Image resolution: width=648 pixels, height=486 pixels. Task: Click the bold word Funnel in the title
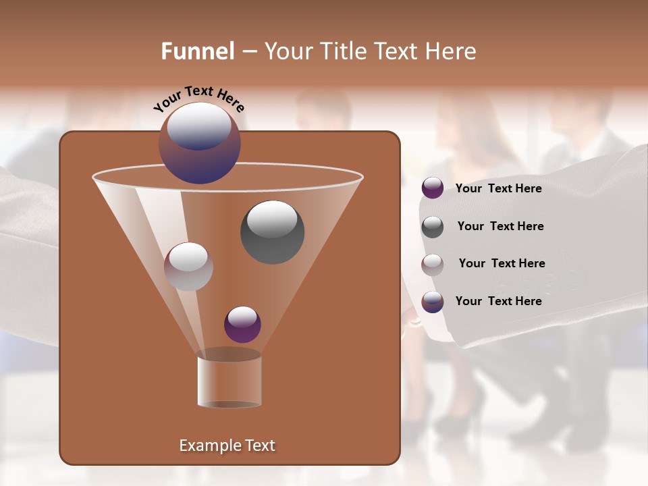198,51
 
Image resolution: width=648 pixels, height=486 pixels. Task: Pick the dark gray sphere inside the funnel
272,232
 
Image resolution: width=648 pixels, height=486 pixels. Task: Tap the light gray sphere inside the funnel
188,267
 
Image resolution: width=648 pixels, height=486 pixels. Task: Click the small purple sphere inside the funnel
242,324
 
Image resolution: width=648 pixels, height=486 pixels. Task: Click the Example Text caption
227,446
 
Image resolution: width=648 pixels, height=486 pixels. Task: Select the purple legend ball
433,188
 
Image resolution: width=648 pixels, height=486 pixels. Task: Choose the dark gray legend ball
433,227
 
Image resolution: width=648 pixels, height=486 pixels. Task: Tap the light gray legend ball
433,265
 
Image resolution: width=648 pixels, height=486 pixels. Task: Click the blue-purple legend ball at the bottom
433,302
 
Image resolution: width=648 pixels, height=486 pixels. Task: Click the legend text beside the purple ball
498,189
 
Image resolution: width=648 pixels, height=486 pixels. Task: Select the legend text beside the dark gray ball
500,227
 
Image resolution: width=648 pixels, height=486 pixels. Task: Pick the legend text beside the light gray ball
502,264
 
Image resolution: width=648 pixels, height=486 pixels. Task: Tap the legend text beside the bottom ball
498,301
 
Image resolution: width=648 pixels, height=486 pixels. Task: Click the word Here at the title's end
452,51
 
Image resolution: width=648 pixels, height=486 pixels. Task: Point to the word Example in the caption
204,446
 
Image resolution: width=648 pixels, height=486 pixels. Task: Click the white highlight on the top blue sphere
199,126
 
